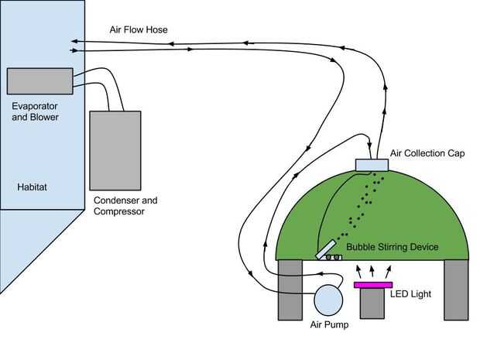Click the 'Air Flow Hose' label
point(139,30)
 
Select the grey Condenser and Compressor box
point(115,150)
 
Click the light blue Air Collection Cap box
point(375,164)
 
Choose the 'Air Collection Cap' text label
point(427,153)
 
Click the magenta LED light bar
point(373,285)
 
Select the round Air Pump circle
point(327,300)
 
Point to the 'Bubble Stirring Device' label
point(393,247)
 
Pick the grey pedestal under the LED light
point(373,303)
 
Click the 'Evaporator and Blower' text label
point(36,111)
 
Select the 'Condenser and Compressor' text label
point(125,205)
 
